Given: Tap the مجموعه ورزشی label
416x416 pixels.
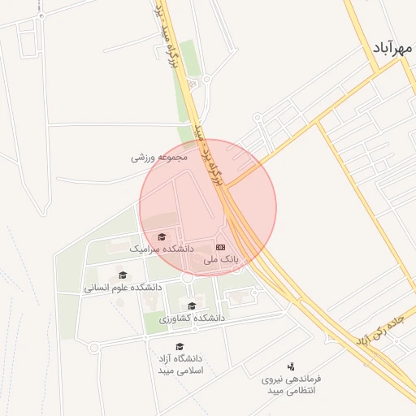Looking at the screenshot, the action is (x=160, y=157).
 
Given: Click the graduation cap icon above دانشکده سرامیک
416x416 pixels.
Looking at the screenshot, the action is (x=160, y=236).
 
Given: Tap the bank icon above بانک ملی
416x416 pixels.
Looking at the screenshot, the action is (x=221, y=246).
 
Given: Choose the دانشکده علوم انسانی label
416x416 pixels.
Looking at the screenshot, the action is (x=123, y=287).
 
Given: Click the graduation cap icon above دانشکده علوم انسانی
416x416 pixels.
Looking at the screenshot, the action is (x=123, y=275).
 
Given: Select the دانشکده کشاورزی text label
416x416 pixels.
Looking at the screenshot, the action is (x=192, y=318).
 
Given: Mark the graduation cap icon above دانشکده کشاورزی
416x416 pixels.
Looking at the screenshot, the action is (x=192, y=306).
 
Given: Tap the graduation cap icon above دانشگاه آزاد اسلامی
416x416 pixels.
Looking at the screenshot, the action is (x=180, y=346).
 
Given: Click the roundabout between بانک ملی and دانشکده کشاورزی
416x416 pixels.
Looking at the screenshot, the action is (x=187, y=278).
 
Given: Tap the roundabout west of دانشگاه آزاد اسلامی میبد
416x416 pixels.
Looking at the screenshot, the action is (x=94, y=348).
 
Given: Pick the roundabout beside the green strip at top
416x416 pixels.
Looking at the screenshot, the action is (x=206, y=79).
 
